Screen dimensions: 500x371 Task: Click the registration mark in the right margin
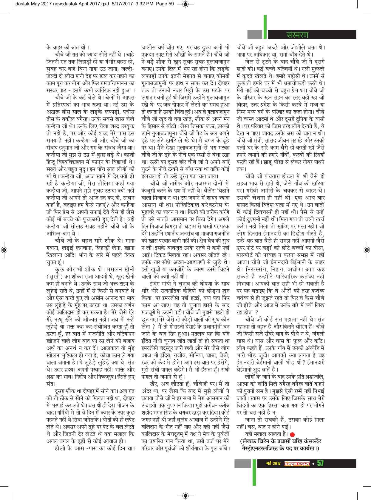click(367, 250)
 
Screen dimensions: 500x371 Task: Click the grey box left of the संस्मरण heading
click(255, 35)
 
